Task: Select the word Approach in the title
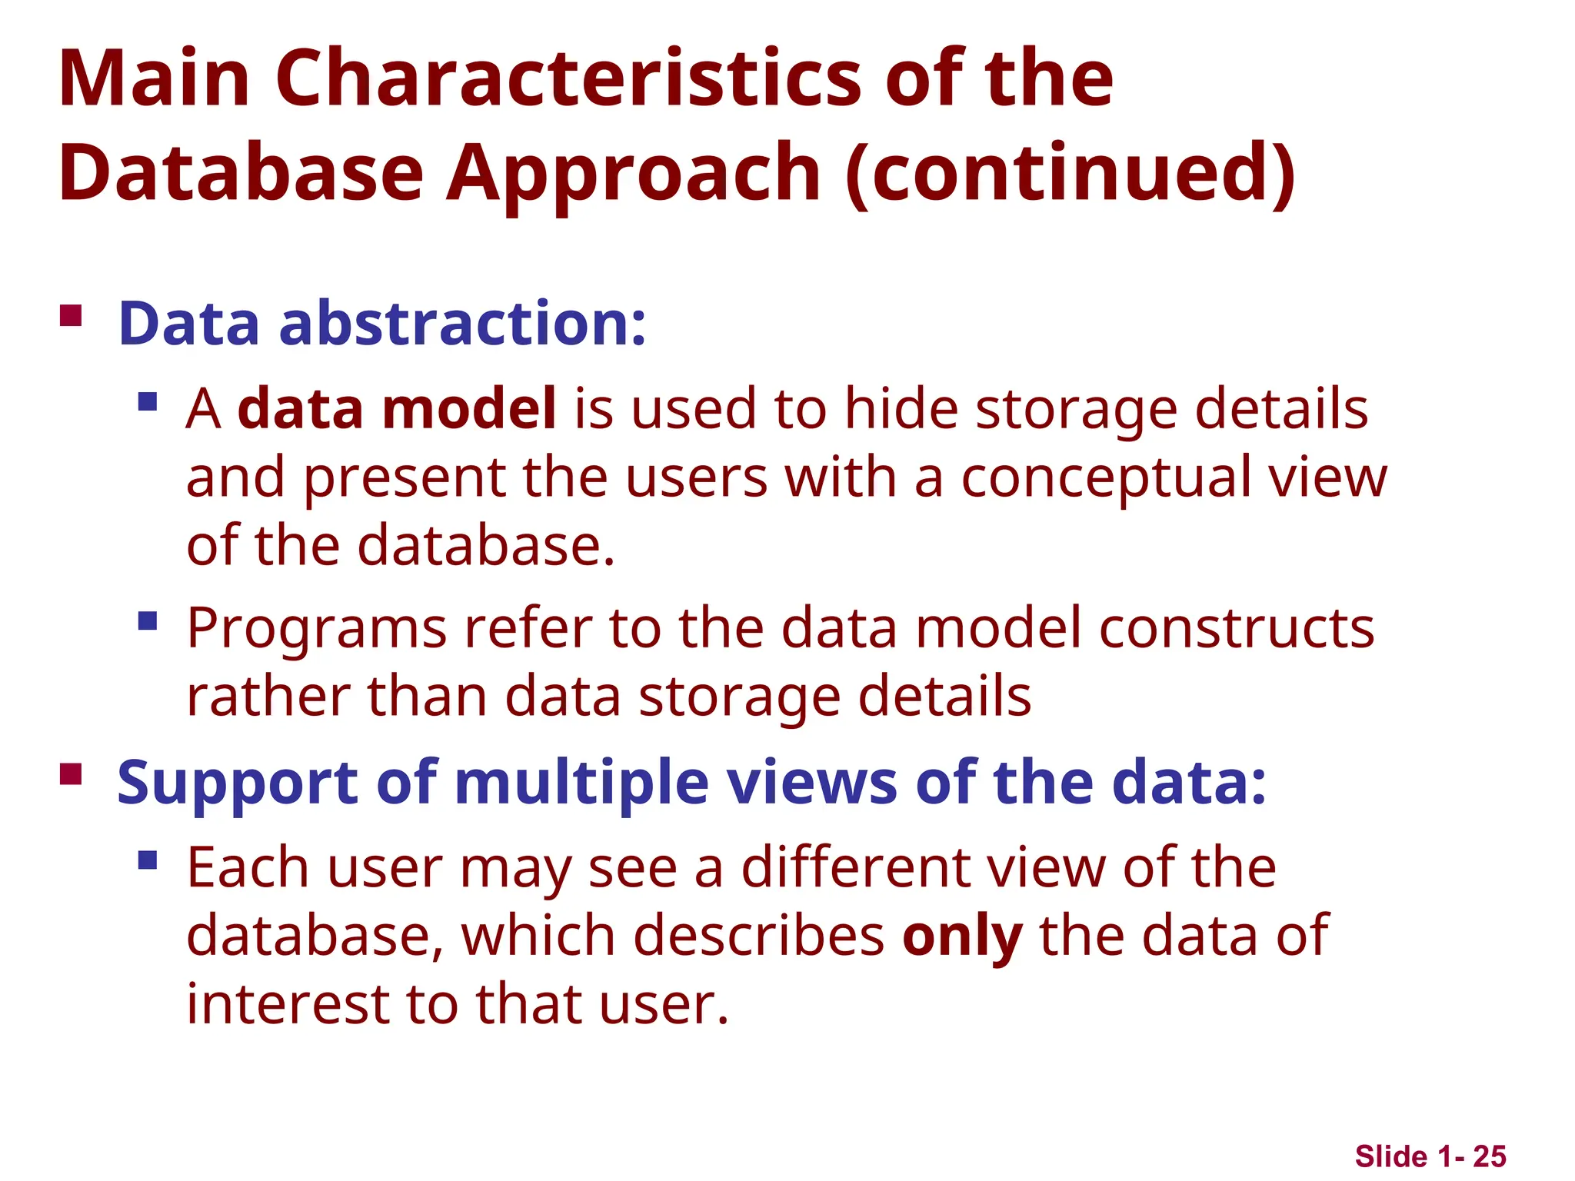[x=633, y=174]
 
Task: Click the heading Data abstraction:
[x=382, y=324]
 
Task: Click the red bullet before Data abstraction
[x=71, y=316]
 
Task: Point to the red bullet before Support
[x=71, y=773]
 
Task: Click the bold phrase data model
[x=397, y=408]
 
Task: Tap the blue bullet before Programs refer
[x=148, y=620]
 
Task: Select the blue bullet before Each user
[x=148, y=860]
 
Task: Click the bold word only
[x=962, y=936]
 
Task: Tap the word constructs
[x=1237, y=628]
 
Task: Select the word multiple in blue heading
[x=581, y=783]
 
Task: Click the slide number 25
[x=1490, y=1156]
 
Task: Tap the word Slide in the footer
[x=1391, y=1156]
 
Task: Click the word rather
[x=268, y=697]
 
